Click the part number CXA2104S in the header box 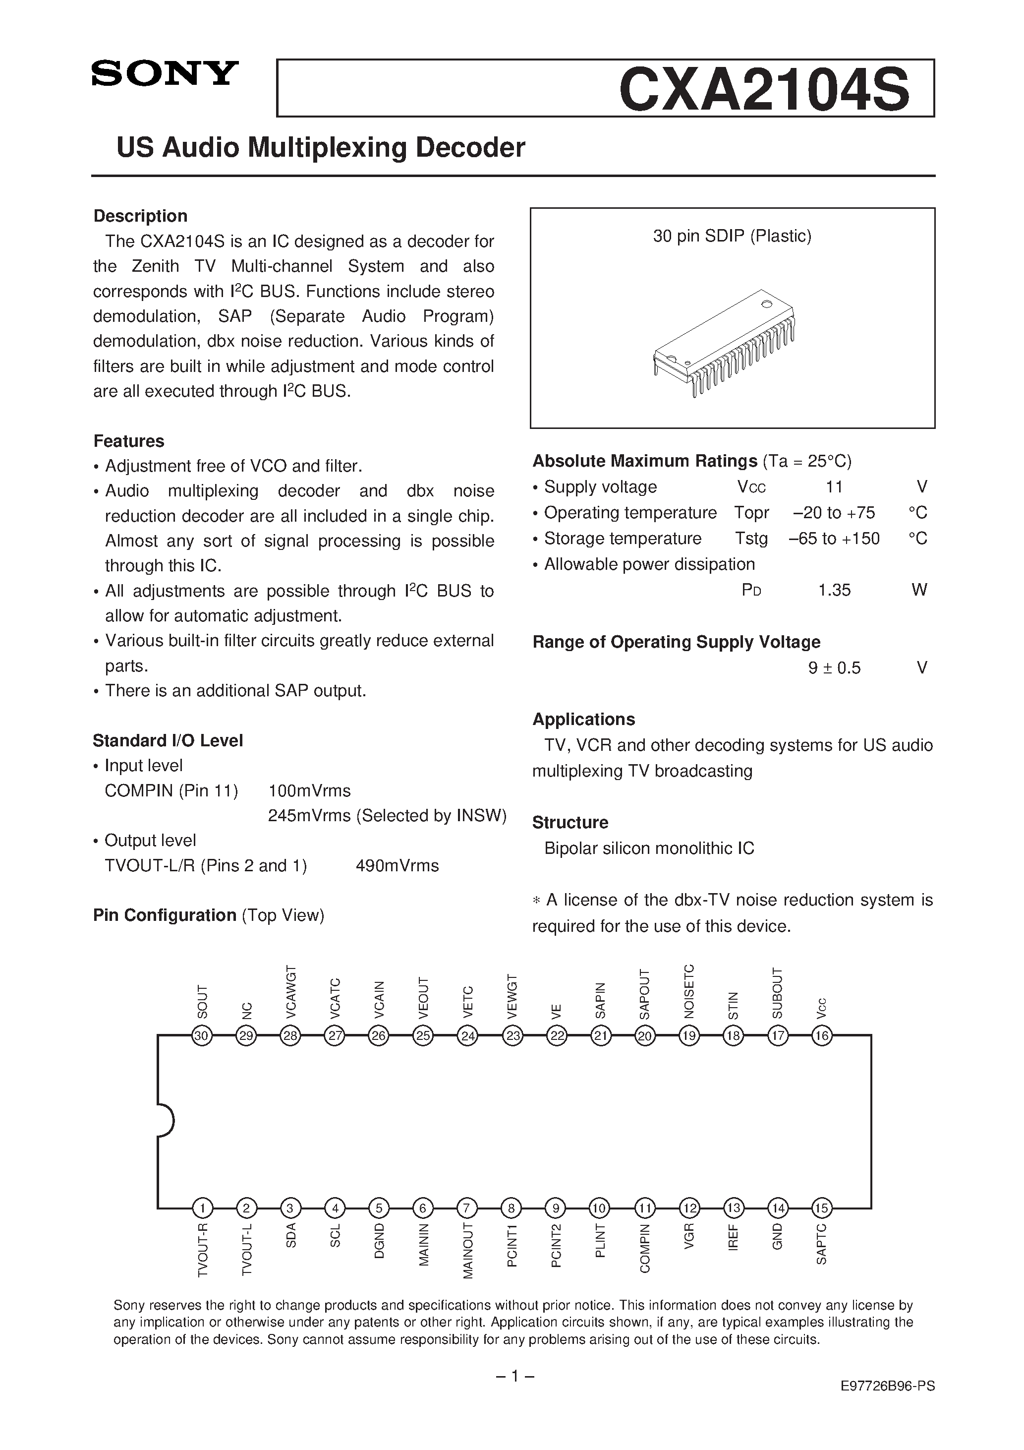pos(764,89)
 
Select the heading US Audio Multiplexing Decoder pos(321,148)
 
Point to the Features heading pos(129,441)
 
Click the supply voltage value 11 pos(834,487)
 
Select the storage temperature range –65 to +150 pos(834,539)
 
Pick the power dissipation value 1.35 pos(834,591)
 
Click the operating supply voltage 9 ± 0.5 pos(834,668)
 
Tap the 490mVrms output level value pos(397,866)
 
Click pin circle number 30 pos(202,1036)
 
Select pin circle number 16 pos(821,1036)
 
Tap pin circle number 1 pos(202,1209)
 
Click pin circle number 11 pos(644,1209)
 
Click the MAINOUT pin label pos(468,1252)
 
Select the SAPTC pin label pos(821,1245)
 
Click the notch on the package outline pos(166,1122)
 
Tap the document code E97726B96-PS pos(888,1386)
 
